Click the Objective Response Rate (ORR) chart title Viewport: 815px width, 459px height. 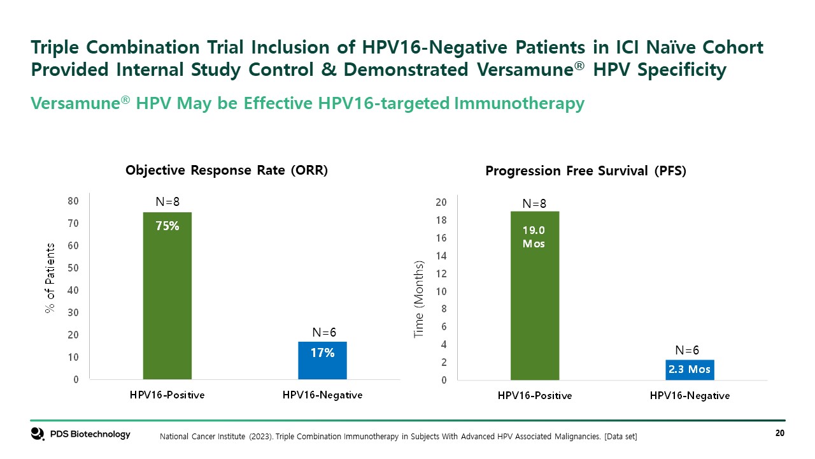point(227,170)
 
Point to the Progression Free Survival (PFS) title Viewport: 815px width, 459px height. point(586,171)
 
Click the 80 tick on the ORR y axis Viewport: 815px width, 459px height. point(73,201)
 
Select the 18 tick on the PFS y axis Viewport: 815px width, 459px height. point(441,220)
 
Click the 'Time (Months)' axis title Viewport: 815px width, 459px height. point(418,299)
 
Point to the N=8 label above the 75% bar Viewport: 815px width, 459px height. point(167,201)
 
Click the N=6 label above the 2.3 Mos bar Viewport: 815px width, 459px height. point(687,350)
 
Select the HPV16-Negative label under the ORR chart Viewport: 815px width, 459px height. point(322,395)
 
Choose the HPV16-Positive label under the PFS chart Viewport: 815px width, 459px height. point(535,395)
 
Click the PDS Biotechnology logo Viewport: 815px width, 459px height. point(81,434)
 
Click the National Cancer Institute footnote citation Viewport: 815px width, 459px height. point(398,436)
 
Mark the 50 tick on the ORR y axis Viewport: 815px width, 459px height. point(73,268)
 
